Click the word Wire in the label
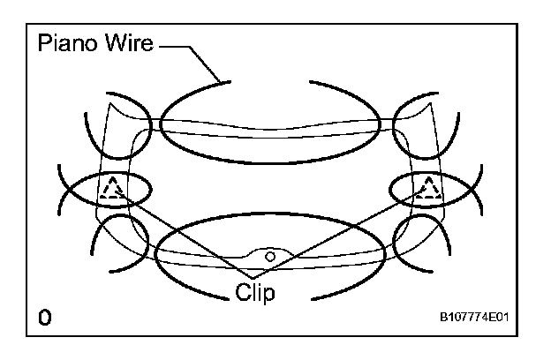click(x=128, y=45)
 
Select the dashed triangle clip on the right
click(x=429, y=189)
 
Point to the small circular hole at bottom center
click(x=270, y=255)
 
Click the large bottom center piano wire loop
click(x=269, y=282)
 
